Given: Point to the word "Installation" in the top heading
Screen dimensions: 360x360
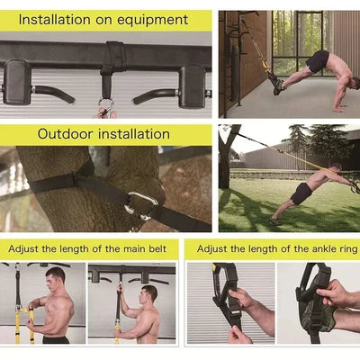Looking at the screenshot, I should [54, 19].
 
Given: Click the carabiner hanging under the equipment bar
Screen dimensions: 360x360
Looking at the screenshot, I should [106, 107].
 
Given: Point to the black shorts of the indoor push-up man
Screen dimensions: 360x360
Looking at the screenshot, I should [317, 61].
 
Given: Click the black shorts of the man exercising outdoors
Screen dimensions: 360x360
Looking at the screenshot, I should [301, 193].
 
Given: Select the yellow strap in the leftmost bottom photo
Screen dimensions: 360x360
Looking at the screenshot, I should [18, 319].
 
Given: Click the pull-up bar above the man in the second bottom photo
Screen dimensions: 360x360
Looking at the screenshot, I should [135, 269].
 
